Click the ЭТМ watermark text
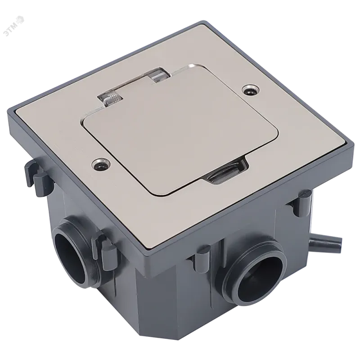click(11, 30)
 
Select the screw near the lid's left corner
click(101, 163)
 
